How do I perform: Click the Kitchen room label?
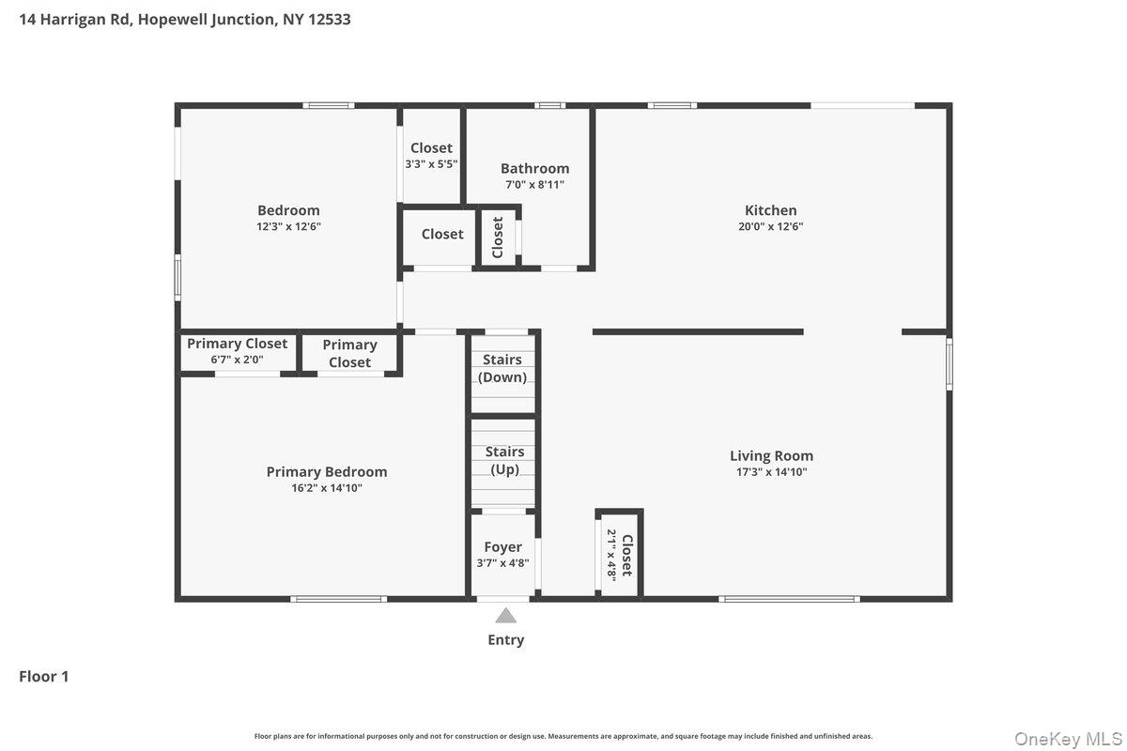(770, 210)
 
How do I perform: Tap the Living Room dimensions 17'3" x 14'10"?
(771, 473)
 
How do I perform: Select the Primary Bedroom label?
(327, 472)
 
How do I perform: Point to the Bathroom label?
(534, 169)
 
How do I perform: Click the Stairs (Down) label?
(502, 369)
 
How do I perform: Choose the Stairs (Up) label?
(504, 461)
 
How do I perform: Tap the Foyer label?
(502, 547)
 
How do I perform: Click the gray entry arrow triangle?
(506, 617)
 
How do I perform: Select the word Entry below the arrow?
(506, 640)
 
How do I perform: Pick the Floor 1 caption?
(44, 676)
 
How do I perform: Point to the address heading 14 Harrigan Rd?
(185, 19)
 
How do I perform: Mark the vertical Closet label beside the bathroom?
(498, 237)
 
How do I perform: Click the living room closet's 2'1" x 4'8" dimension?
(611, 555)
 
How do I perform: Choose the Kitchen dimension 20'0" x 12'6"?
(770, 226)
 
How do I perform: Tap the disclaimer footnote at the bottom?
(563, 736)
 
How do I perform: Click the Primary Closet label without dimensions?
(349, 354)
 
